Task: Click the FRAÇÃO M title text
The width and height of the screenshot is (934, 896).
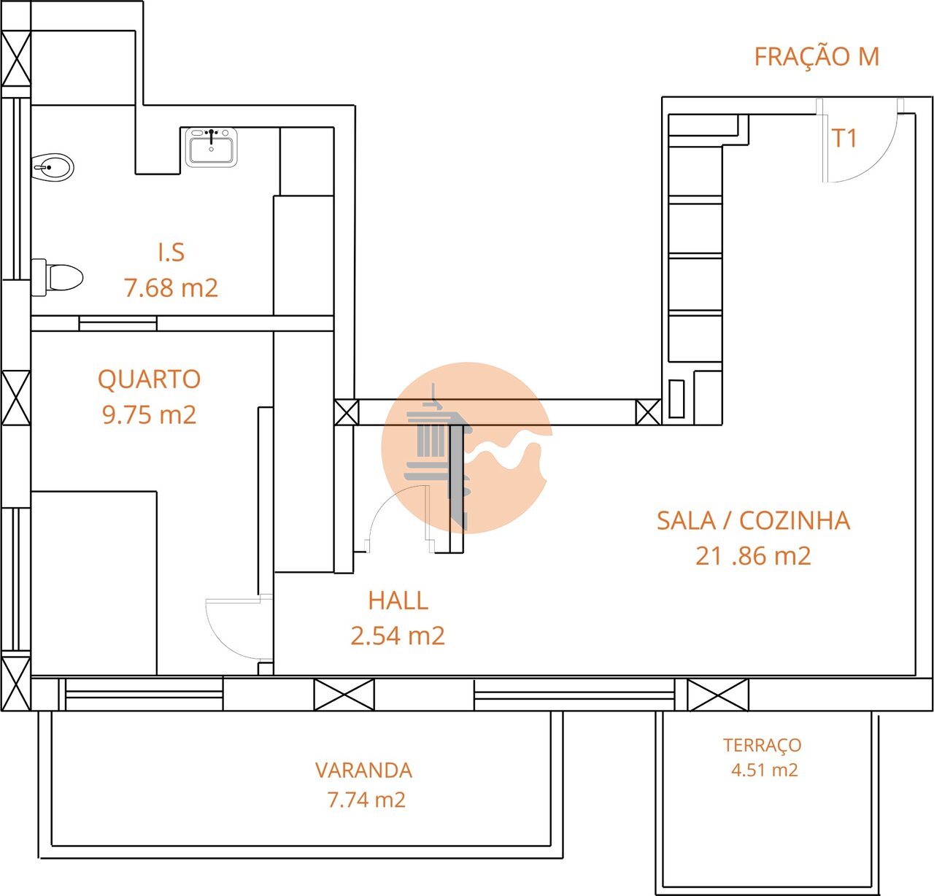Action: point(817,57)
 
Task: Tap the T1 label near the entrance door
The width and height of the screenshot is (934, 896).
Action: point(844,138)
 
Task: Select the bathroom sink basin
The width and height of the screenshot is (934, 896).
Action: point(211,148)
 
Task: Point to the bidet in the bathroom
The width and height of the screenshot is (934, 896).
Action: point(53,167)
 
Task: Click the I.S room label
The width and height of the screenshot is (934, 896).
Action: point(171,252)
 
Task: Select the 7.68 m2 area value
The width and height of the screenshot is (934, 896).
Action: point(171,287)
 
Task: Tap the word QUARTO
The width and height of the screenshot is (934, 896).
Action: point(149,379)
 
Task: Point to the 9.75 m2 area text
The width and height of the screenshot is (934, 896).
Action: point(149,414)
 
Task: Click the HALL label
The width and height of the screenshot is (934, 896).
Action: point(398,600)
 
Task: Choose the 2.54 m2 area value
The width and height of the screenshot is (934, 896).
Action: point(398,636)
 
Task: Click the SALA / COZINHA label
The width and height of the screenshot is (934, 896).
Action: point(753,521)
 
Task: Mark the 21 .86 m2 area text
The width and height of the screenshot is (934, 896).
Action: point(753,556)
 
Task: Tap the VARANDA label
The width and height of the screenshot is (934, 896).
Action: point(363,771)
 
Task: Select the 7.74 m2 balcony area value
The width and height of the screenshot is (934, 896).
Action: point(366,800)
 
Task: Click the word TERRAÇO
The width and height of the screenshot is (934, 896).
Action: point(762,745)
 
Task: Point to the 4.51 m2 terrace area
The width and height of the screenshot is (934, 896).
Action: point(764,770)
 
